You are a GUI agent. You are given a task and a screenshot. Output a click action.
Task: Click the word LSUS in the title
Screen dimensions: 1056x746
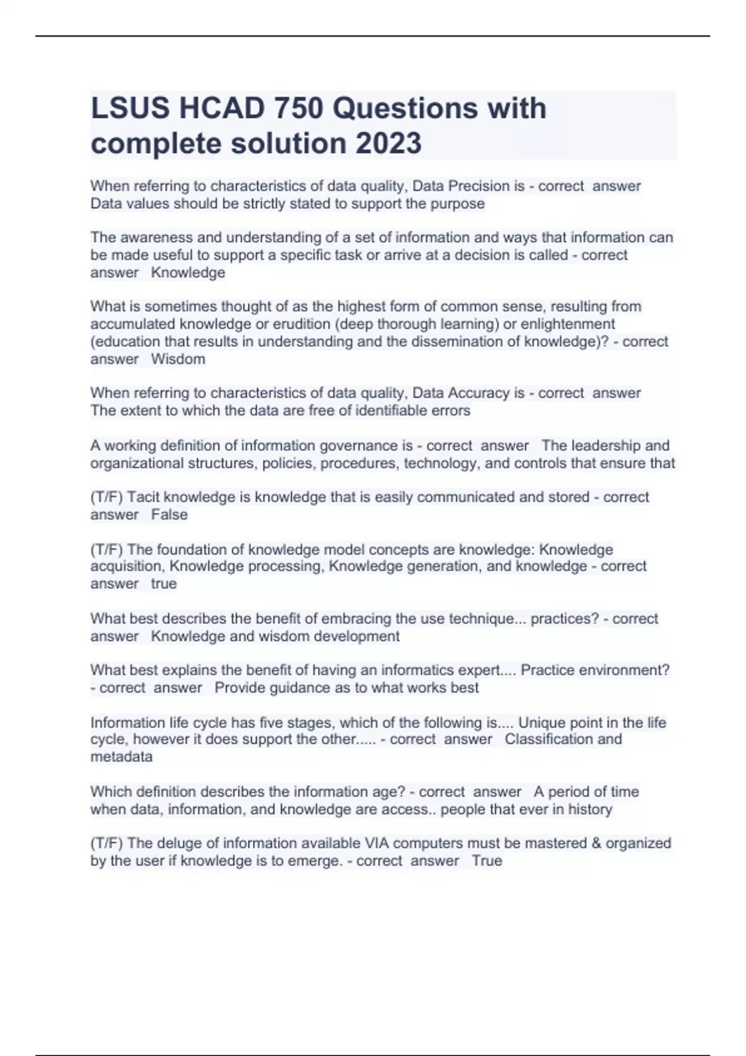tap(130, 109)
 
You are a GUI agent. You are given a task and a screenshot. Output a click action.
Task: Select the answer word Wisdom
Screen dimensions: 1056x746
tap(178, 359)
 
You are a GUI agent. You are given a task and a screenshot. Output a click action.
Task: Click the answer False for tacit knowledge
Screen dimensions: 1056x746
tap(169, 514)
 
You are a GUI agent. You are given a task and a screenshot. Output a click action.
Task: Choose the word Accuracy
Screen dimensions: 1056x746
tap(479, 393)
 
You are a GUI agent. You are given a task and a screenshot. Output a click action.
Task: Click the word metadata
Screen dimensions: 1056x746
tap(121, 757)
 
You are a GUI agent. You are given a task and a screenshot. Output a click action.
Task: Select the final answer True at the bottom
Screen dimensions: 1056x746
tap(487, 861)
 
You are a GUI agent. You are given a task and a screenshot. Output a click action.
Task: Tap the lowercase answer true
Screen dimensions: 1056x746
tap(163, 584)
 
